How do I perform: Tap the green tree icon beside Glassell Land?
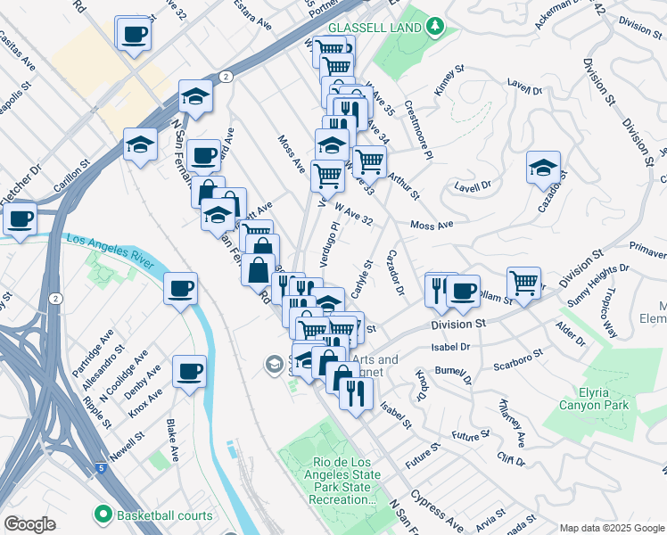point(434,26)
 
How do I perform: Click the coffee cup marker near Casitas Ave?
point(134,34)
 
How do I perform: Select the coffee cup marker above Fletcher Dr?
point(19,218)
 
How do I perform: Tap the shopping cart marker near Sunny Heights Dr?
point(523,284)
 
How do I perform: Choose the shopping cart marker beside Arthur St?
point(369,162)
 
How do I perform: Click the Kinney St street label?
point(449,80)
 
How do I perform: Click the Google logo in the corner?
point(29,524)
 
